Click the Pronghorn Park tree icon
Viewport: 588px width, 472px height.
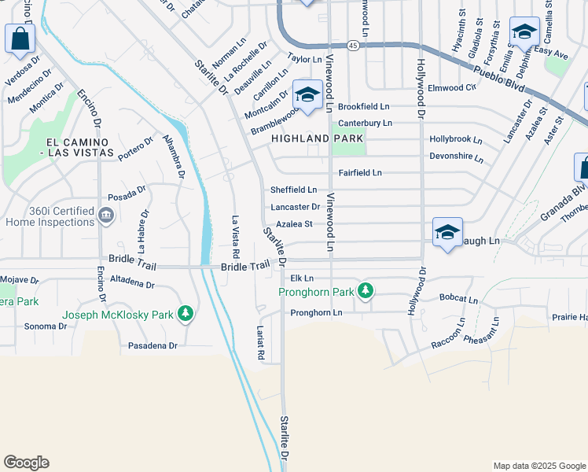click(x=365, y=292)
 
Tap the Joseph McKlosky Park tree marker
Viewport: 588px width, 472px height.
click(x=185, y=315)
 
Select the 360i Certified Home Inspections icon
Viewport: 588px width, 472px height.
click(x=105, y=215)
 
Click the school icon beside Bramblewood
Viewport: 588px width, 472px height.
click(x=307, y=95)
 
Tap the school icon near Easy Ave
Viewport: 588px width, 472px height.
click(x=524, y=32)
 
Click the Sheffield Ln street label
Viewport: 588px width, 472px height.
click(x=293, y=190)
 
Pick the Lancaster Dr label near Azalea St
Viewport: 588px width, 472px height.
click(x=295, y=207)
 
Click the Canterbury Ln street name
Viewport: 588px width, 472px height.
click(x=365, y=123)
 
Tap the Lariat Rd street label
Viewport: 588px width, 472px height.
click(x=260, y=344)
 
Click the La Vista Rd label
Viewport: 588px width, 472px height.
click(x=234, y=238)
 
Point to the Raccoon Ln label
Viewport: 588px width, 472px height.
click(x=448, y=334)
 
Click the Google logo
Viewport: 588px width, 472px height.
click(x=26, y=463)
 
